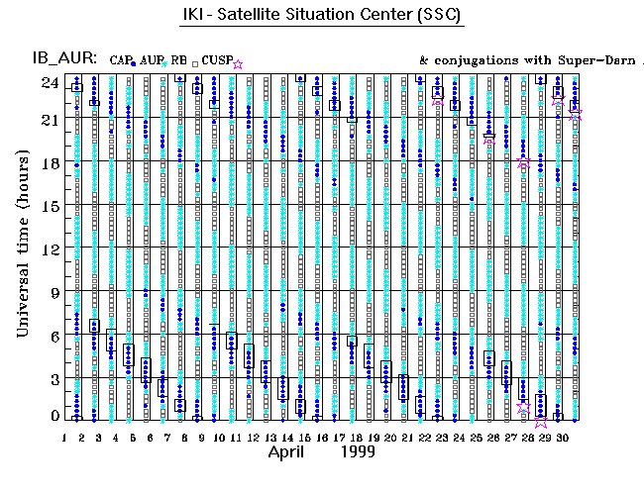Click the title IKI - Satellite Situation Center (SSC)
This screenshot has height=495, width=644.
pos(322,17)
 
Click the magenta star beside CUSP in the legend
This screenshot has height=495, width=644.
pos(237,63)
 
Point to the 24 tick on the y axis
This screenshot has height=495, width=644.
pos(48,82)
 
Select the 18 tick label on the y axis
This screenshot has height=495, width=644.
pos(48,163)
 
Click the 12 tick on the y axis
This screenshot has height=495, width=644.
pos(48,249)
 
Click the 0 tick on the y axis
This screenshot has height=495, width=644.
pos(52,417)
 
